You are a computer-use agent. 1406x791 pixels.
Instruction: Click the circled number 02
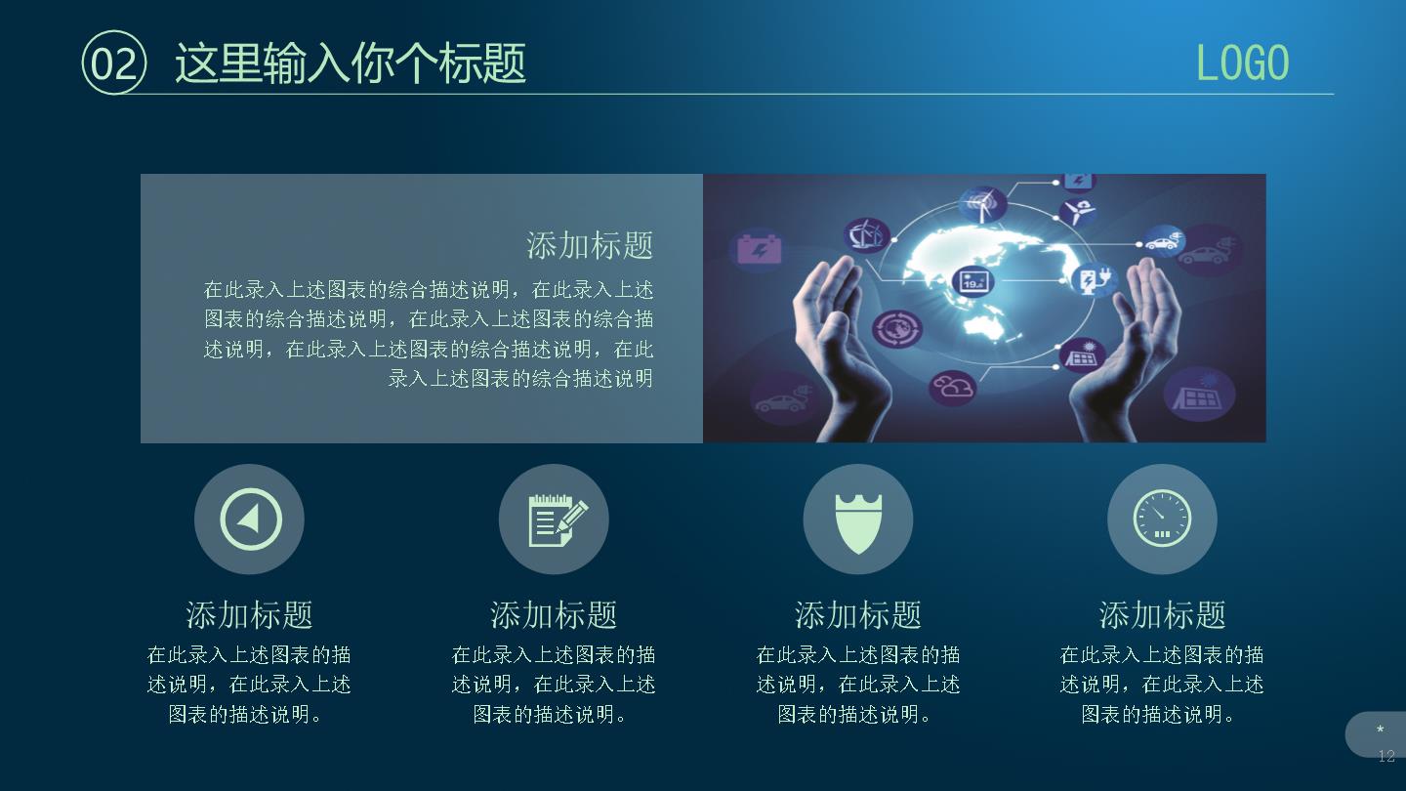coord(113,62)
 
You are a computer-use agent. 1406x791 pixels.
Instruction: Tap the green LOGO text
coord(1242,62)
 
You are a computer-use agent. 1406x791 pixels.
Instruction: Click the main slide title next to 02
coord(351,62)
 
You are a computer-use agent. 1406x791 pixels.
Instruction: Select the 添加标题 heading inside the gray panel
coord(590,245)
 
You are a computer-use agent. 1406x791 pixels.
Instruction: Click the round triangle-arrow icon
coord(249,520)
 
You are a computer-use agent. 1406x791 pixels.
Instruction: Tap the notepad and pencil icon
coord(554,520)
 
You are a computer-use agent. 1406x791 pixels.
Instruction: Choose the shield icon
coord(858,520)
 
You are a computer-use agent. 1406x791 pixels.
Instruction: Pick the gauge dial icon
coord(1162,520)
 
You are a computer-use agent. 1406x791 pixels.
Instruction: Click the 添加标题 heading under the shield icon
coord(858,614)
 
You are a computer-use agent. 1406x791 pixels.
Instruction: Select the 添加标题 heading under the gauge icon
coord(1162,614)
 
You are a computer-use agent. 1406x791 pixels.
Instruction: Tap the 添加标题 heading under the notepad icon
coord(554,614)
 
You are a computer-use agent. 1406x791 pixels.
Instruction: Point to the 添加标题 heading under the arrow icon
coord(249,614)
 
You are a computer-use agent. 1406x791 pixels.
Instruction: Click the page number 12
coord(1385,756)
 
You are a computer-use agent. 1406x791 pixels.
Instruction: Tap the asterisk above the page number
coord(1381,729)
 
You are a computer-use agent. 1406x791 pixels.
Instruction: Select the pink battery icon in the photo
coord(760,249)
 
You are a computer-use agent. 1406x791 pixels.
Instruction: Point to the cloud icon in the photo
coord(952,387)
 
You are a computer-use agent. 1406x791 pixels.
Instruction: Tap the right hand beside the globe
coord(1124,352)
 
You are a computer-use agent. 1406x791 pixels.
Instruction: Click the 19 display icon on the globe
coord(972,280)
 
